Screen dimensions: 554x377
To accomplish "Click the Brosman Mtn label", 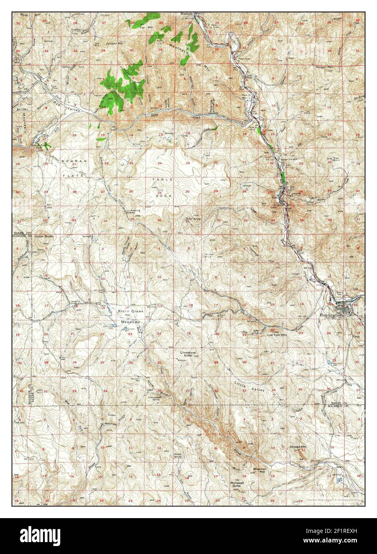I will tap(260, 471).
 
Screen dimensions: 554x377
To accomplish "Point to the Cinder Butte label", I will tap(43, 236).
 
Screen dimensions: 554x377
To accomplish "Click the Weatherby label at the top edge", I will tap(187, 14).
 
